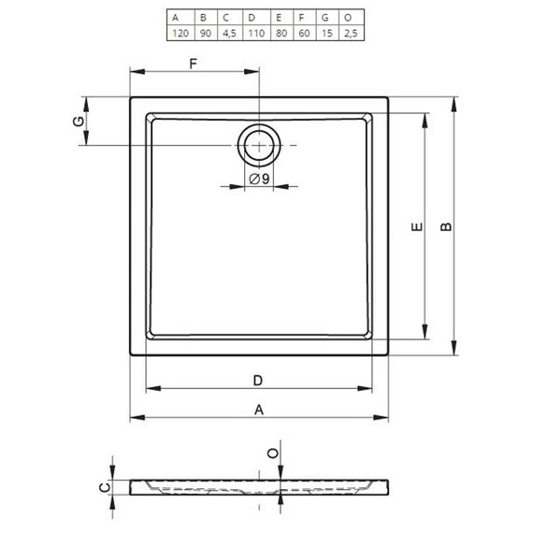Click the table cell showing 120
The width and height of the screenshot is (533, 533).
tap(180, 34)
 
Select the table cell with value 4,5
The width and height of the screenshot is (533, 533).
tap(229, 34)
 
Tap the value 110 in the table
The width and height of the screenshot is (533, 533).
tap(256, 34)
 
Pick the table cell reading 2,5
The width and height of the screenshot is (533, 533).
tap(351, 34)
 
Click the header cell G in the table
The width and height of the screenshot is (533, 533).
tap(325, 18)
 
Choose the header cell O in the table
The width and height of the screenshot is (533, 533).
tap(348, 18)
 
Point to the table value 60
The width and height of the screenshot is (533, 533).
tap(304, 34)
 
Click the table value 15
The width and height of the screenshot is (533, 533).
tap(327, 34)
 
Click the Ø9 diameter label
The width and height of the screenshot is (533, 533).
tap(259, 179)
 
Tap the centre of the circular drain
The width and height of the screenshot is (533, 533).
tap(259, 146)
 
